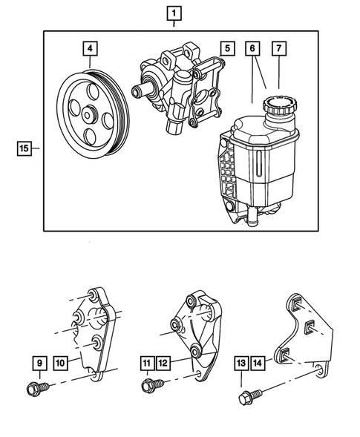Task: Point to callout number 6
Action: [x=252, y=50]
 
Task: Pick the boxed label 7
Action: [x=279, y=50]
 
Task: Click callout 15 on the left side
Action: [x=24, y=148]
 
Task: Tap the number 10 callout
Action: [x=61, y=364]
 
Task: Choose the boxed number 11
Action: [x=148, y=364]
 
